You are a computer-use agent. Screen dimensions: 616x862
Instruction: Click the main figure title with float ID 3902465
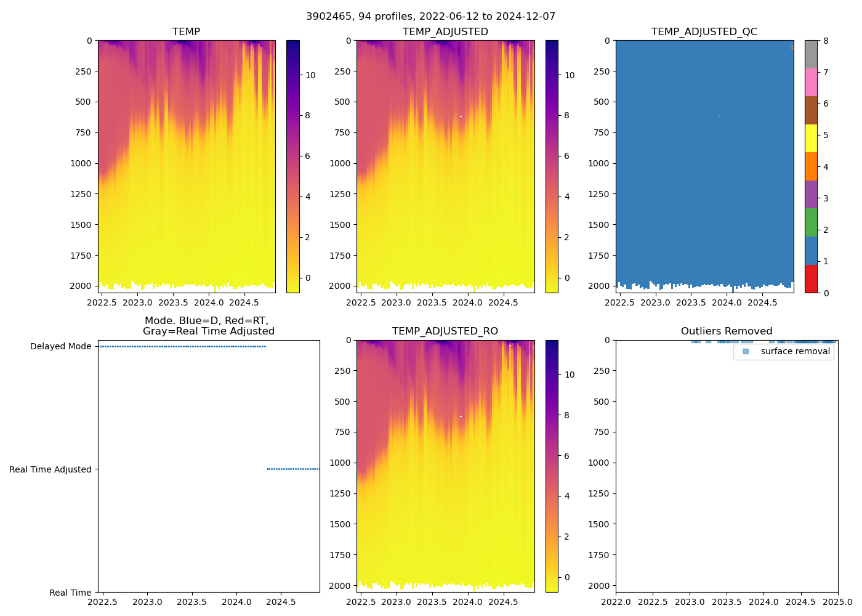(430, 16)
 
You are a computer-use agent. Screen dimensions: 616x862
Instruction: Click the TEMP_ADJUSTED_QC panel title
(704, 31)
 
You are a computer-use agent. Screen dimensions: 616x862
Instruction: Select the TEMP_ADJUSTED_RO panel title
(445, 331)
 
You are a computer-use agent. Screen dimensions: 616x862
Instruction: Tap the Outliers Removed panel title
(726, 331)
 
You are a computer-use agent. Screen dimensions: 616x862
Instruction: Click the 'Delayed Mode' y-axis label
(60, 346)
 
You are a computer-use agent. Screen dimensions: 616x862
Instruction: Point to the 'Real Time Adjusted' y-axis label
(50, 469)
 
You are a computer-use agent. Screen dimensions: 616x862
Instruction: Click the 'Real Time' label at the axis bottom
(70, 593)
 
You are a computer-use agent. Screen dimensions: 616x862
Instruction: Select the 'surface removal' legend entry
(795, 351)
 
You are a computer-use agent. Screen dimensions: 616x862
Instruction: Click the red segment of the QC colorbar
(811, 278)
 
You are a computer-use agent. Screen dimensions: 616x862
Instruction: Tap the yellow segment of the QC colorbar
(811, 138)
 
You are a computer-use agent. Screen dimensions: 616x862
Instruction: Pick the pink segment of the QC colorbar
(811, 82)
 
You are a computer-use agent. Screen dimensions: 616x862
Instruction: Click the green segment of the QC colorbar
(811, 222)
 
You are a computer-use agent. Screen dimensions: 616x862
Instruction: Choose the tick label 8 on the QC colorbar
(826, 41)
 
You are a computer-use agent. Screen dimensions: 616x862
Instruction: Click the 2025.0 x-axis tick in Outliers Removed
(837, 602)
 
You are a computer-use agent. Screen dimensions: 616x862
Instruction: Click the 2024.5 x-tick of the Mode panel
(281, 602)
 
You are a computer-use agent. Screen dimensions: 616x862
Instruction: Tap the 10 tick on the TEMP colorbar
(310, 75)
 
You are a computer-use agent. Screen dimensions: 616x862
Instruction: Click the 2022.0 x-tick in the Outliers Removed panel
(616, 602)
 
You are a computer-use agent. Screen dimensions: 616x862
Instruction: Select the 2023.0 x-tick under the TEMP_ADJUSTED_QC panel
(655, 302)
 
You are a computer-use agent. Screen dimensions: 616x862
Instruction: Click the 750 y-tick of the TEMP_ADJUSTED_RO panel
(342, 432)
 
